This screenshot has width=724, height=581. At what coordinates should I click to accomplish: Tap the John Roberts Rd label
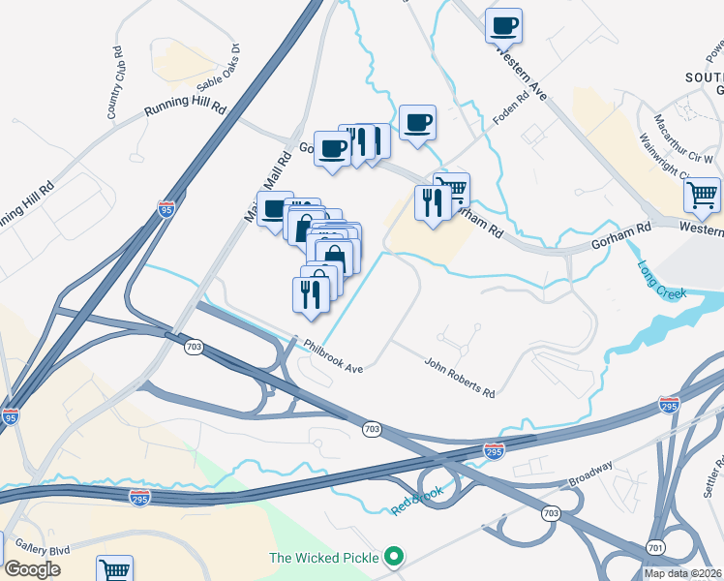[460, 378]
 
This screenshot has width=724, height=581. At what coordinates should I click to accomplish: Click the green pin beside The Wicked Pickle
[393, 558]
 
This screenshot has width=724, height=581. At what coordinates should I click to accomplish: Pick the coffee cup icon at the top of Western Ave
[503, 25]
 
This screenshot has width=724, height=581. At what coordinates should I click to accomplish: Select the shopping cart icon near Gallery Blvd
[114, 568]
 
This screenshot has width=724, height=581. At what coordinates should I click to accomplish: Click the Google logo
[32, 569]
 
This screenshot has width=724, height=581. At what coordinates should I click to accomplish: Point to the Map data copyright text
[682, 573]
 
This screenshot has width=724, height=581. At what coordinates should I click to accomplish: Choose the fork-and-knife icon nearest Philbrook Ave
[311, 292]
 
